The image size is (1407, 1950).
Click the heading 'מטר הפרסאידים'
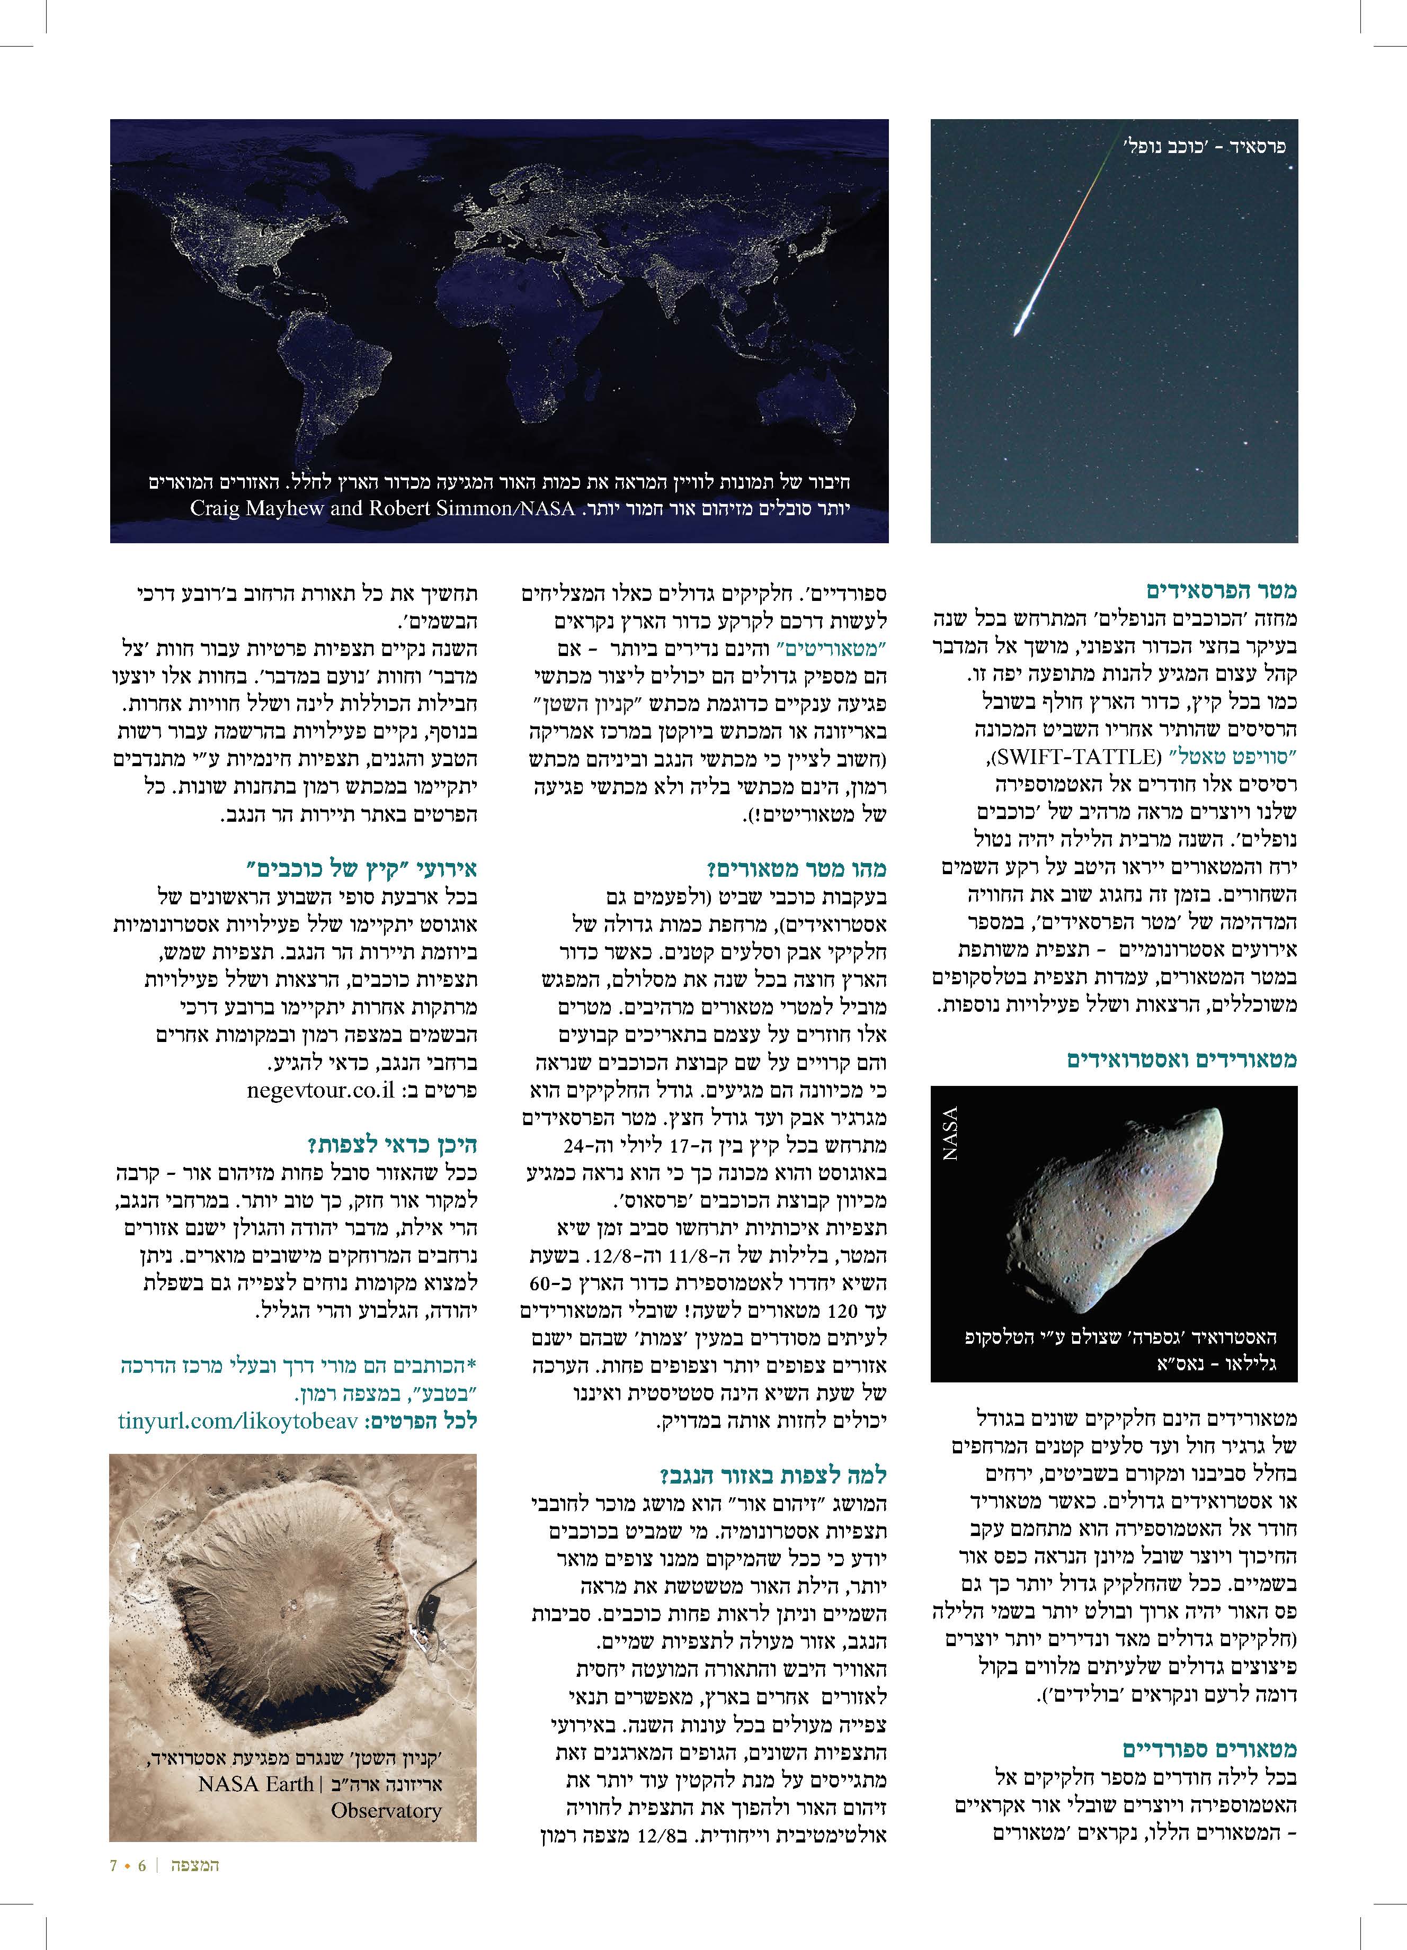point(1221,591)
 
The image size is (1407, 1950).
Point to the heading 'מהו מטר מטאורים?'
point(796,868)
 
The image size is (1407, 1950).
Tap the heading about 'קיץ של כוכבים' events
point(361,868)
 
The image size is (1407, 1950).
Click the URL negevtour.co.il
point(319,1090)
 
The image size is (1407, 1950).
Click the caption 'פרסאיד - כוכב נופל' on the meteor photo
point(1204,146)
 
